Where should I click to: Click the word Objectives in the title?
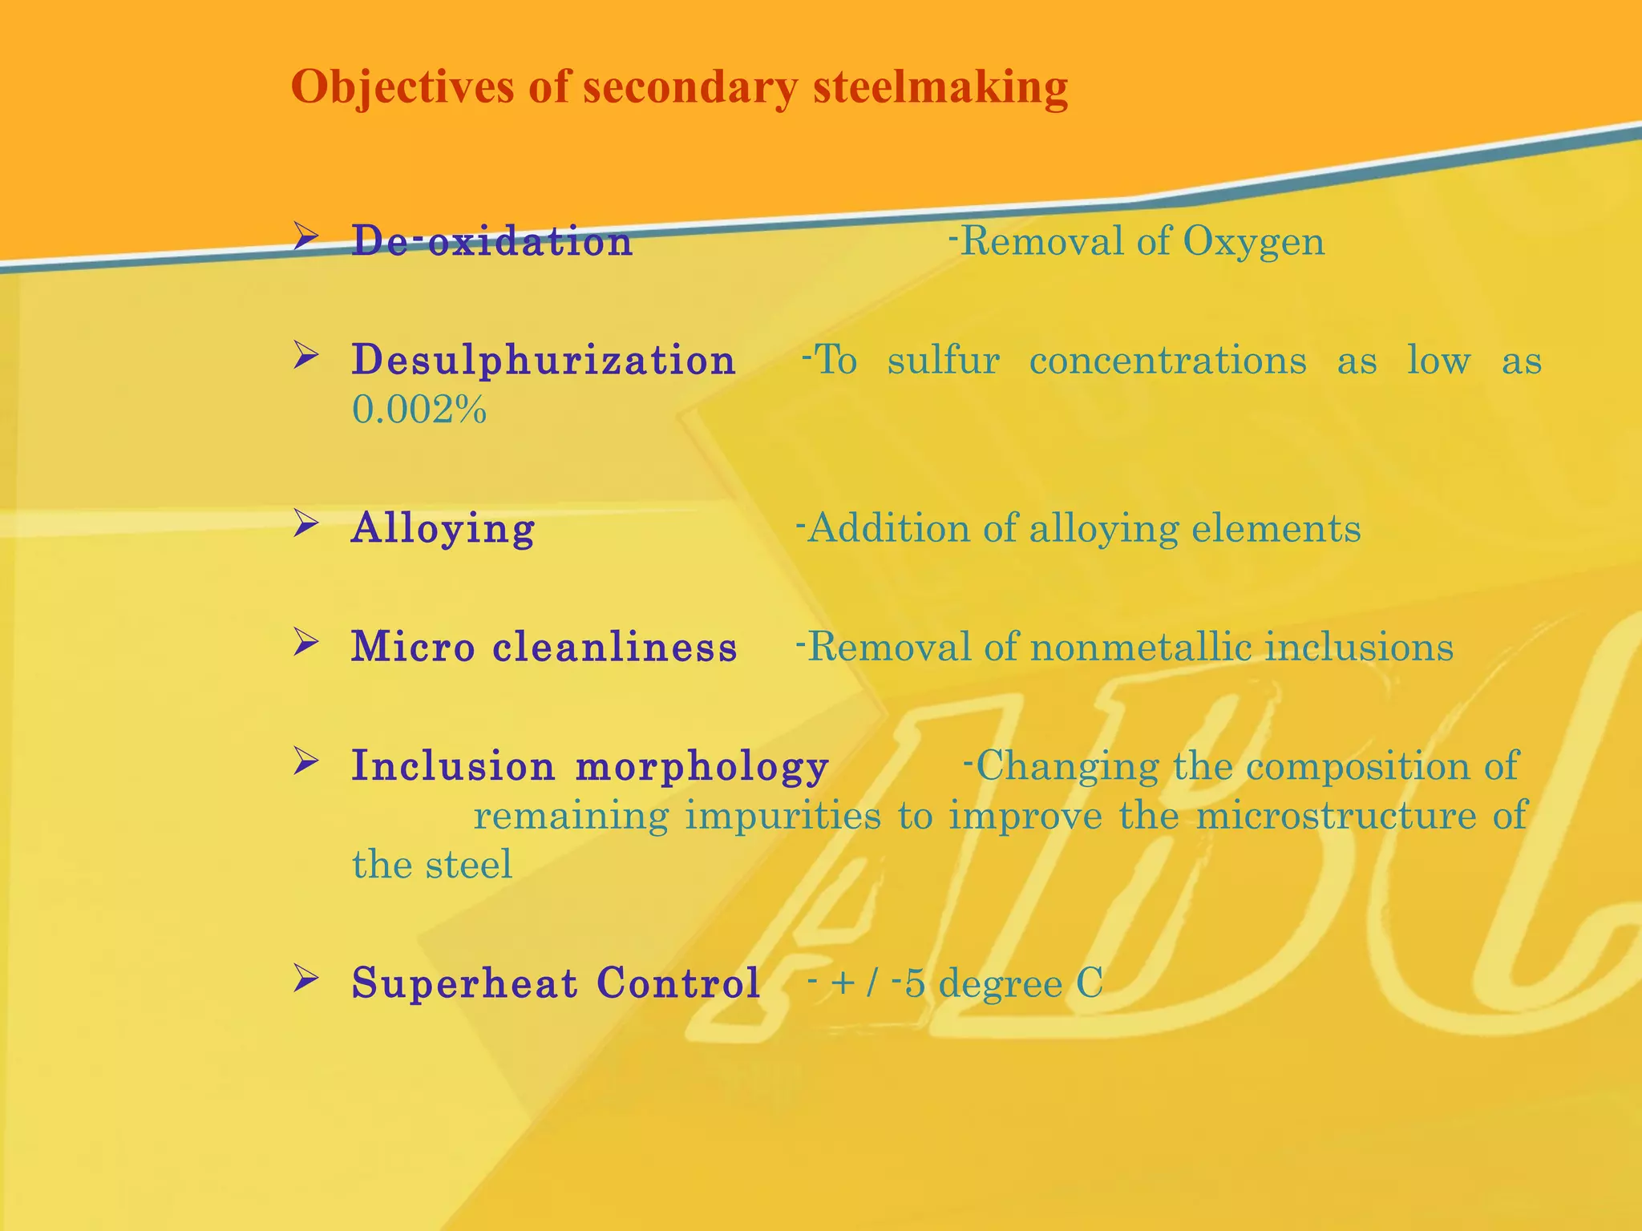point(402,87)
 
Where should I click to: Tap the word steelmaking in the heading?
point(940,87)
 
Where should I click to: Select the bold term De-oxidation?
point(491,240)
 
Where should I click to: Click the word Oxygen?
point(1253,240)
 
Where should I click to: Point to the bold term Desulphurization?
point(544,360)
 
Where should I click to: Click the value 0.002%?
point(419,410)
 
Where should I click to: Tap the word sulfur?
point(944,360)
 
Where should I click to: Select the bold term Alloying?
point(443,528)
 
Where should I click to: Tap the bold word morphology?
point(702,765)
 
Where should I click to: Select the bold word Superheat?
point(464,983)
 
